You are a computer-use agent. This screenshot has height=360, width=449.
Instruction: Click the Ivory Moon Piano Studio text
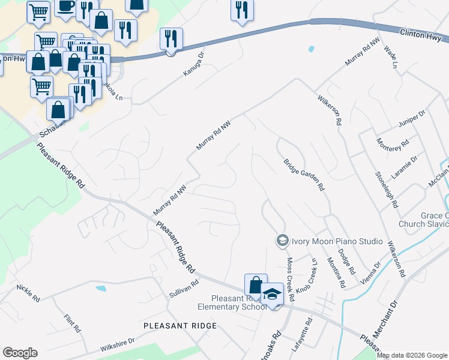tap(337, 241)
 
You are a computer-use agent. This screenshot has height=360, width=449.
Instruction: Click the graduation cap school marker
tap(273, 294)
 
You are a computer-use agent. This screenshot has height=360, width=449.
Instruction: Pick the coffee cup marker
tap(65, 7)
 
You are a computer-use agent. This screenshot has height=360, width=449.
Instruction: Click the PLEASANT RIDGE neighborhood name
tap(180, 325)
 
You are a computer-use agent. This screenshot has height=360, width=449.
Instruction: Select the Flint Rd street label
tap(71, 322)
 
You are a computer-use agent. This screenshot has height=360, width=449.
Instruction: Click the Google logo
tap(20, 353)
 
